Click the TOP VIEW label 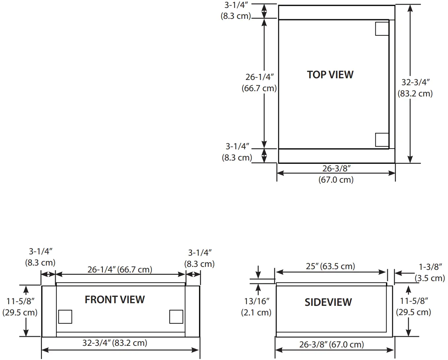pyautogui.click(x=330, y=75)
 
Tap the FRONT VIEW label pyautogui.click(x=115, y=300)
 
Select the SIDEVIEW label pyautogui.click(x=328, y=302)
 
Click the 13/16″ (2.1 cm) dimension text pyautogui.click(x=257, y=307)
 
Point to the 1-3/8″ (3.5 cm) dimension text pyautogui.click(x=430, y=272)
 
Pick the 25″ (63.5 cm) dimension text pyautogui.click(x=330, y=266)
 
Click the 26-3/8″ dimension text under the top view pyautogui.click(x=336, y=174)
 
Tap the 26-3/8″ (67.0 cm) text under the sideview pyautogui.click(x=331, y=344)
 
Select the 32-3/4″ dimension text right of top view pyautogui.click(x=415, y=88)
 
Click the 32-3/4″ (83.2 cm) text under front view pyautogui.click(x=115, y=343)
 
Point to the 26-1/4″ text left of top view pyautogui.click(x=259, y=83)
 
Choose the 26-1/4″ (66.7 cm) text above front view pyautogui.click(x=120, y=270)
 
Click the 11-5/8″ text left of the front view pyautogui.click(x=20, y=307)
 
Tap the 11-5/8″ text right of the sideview pyautogui.click(x=414, y=306)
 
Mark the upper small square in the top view pyautogui.click(x=382, y=29)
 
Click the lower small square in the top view pyautogui.click(x=382, y=140)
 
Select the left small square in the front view pyautogui.click(x=65, y=317)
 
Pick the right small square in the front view pyautogui.click(x=176, y=317)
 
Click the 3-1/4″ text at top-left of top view pyautogui.click(x=236, y=11)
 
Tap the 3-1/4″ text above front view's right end pyautogui.click(x=199, y=258)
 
